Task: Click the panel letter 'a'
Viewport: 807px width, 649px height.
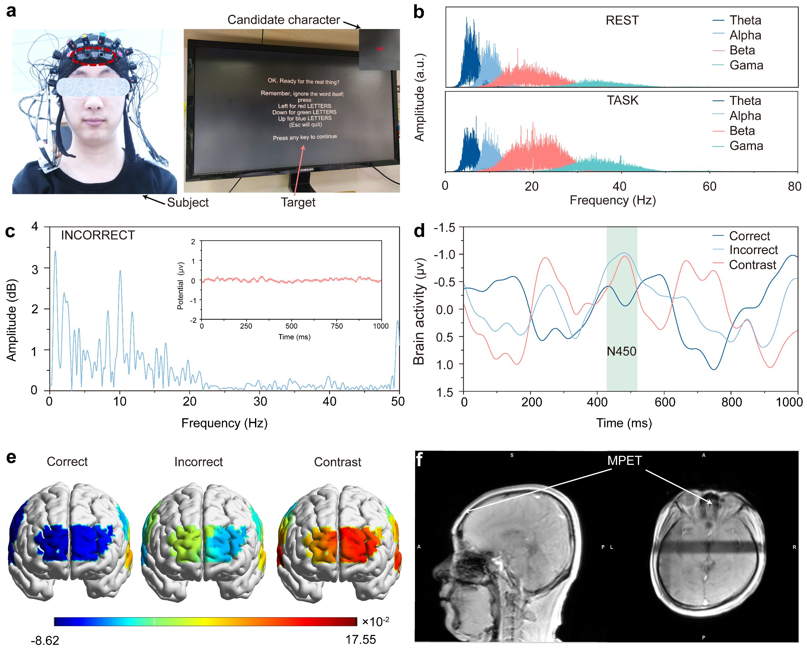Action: pyautogui.click(x=11, y=11)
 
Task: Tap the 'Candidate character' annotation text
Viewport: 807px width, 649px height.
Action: pyautogui.click(x=283, y=20)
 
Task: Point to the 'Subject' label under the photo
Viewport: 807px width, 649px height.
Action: pyautogui.click(x=187, y=202)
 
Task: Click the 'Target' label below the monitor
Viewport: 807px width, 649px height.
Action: pyautogui.click(x=298, y=202)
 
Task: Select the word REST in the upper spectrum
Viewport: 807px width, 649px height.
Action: pyautogui.click(x=622, y=20)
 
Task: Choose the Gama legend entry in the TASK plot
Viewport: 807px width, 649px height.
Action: pyautogui.click(x=746, y=146)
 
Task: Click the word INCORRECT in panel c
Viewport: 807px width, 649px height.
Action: pyautogui.click(x=98, y=235)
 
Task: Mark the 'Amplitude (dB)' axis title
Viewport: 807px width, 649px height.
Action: pyautogui.click(x=12, y=320)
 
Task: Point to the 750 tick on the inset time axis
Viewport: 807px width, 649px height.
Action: pyautogui.click(x=336, y=326)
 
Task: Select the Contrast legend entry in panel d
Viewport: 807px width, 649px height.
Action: pyautogui.click(x=752, y=265)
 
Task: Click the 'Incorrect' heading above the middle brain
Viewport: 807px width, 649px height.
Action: pyautogui.click(x=198, y=462)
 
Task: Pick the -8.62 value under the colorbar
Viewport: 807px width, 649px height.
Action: pyautogui.click(x=45, y=640)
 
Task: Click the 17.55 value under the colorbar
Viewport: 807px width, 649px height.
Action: pyautogui.click(x=360, y=640)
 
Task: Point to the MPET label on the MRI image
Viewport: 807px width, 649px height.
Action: pyautogui.click(x=624, y=460)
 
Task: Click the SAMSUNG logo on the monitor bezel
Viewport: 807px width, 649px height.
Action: pyautogui.click(x=307, y=170)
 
